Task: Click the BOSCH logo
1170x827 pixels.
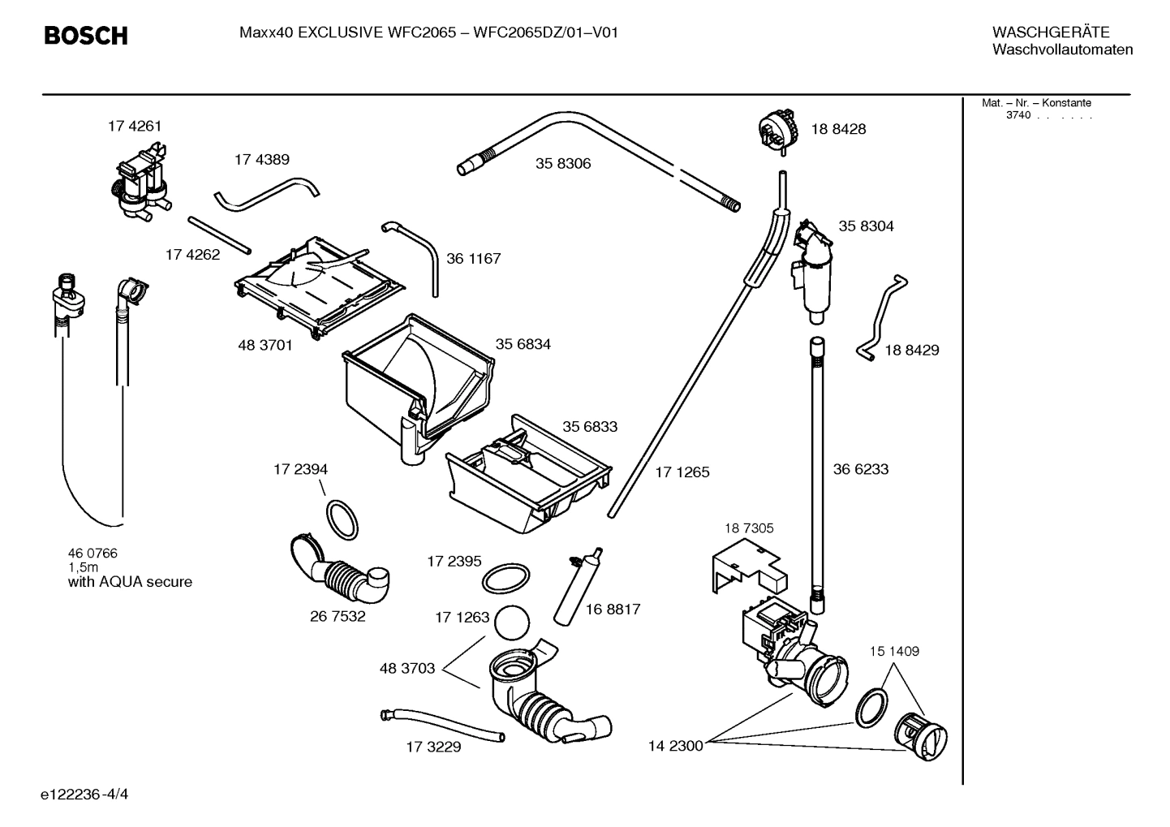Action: coord(85,36)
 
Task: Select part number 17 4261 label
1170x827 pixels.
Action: coord(135,126)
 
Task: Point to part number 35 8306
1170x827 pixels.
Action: coord(562,163)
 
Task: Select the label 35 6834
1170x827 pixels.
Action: coord(523,344)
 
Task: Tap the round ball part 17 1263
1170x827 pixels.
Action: coord(511,625)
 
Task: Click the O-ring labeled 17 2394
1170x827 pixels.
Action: coord(342,520)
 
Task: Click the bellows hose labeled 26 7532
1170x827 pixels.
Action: coord(341,574)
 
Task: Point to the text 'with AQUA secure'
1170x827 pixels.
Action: coord(130,582)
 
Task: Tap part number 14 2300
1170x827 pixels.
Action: coord(675,746)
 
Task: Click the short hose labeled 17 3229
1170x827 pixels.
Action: coord(442,725)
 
